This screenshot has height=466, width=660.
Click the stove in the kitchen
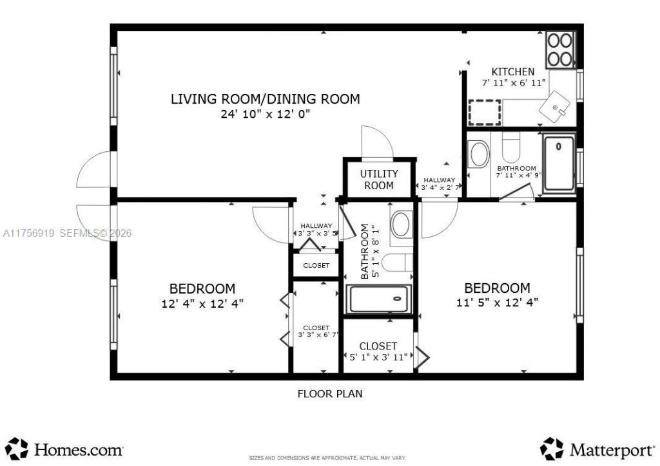(x=559, y=50)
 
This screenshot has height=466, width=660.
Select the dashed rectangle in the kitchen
(x=485, y=113)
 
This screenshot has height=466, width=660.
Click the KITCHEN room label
(x=513, y=71)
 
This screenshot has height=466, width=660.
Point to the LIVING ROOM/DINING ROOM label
(x=265, y=99)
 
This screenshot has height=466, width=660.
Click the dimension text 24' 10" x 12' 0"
(x=265, y=115)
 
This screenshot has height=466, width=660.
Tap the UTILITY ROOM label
(x=379, y=180)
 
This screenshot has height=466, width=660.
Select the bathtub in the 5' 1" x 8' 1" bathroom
(x=378, y=299)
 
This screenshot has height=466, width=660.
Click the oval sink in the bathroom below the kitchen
(x=479, y=154)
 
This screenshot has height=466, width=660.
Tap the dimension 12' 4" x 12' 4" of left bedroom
(x=202, y=303)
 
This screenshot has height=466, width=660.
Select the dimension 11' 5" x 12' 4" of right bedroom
(x=497, y=301)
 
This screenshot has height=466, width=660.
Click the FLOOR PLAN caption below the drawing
(x=329, y=393)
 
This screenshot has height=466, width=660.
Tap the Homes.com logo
(x=68, y=448)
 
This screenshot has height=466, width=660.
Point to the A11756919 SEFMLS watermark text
(x=66, y=233)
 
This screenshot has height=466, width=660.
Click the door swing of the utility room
(x=376, y=144)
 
